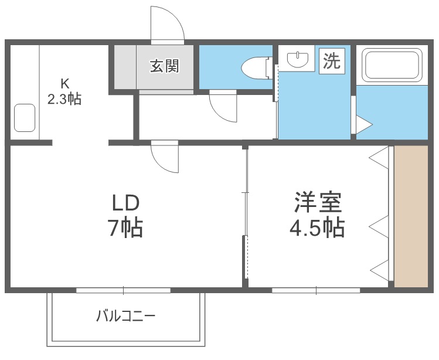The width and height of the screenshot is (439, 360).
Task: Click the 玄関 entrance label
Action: coord(164,66)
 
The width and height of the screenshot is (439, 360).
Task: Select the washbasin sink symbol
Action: coord(299,59)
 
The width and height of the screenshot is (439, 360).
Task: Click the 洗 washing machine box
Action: coord(332,61)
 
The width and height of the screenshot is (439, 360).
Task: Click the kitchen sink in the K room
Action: coord(25,118)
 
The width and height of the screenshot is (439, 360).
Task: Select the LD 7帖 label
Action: coord(125,215)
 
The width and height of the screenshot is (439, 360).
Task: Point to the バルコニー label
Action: coord(125,317)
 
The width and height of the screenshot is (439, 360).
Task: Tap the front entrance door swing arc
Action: coord(168,25)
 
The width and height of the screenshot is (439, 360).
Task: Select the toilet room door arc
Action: coord(223,106)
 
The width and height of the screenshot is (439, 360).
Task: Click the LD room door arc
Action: coord(164,157)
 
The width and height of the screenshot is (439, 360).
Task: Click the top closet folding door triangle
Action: coord(380,157)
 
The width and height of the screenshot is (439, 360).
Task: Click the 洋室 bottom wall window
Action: coord(316,290)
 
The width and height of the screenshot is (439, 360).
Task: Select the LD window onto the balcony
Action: coord(123,290)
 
